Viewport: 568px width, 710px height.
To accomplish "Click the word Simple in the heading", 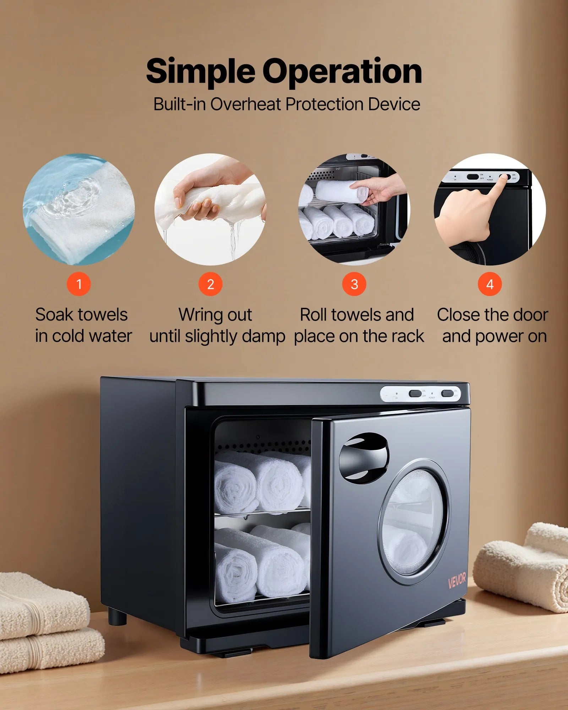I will (x=200, y=72).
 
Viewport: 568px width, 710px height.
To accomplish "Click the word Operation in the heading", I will (x=342, y=72).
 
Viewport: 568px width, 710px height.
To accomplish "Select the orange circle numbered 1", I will (x=79, y=284).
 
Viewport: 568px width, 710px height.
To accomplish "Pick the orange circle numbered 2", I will (x=211, y=284).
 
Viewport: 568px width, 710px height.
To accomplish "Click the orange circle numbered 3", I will (x=354, y=284).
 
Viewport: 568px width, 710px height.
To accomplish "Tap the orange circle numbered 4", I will (x=490, y=284).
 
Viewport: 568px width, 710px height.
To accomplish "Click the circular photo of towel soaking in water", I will (x=79, y=209).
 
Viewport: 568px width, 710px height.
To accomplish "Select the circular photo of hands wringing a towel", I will (x=211, y=209).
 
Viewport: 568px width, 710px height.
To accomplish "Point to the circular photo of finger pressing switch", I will (x=490, y=209).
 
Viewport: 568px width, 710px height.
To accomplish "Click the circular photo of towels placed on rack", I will (x=354, y=209).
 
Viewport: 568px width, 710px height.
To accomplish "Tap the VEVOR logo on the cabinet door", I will (x=457, y=580).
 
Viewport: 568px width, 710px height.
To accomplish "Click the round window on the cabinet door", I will (x=414, y=522).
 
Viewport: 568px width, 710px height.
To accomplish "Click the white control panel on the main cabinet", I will (x=420, y=394).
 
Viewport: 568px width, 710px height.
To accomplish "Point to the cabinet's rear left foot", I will (x=117, y=616).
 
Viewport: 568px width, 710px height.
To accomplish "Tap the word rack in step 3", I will (x=409, y=337).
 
